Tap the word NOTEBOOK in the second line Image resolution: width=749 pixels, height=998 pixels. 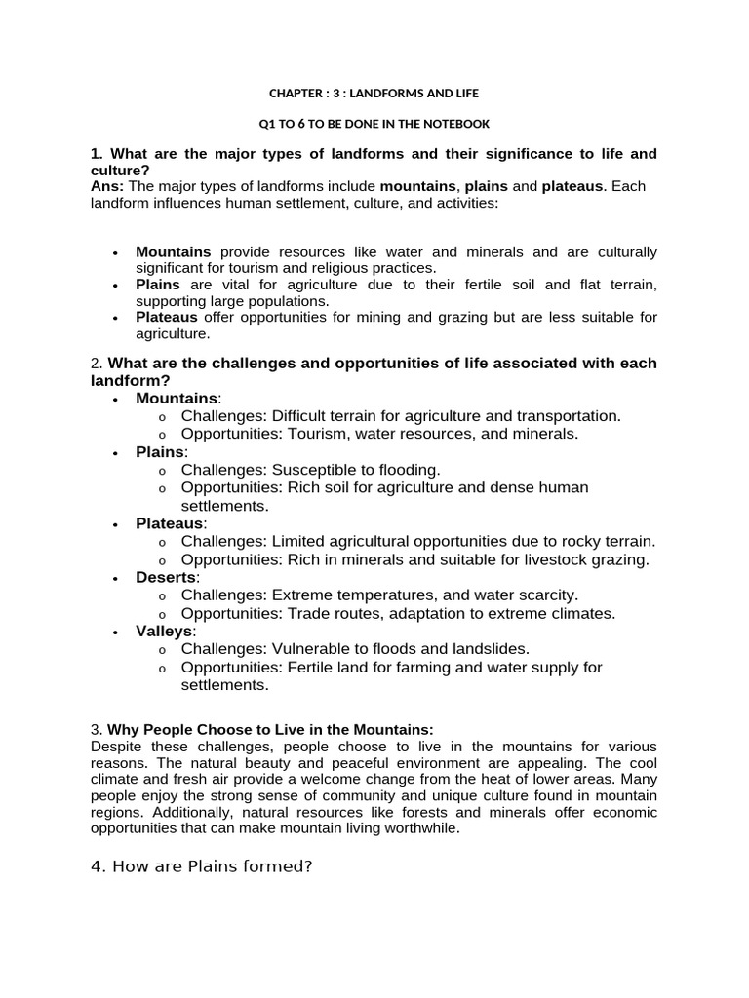point(453,124)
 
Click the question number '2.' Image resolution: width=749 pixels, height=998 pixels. point(96,364)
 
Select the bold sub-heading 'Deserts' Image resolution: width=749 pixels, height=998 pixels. point(166,577)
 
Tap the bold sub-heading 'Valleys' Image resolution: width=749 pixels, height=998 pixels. point(165,631)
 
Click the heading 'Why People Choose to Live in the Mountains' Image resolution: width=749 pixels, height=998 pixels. point(270,730)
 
